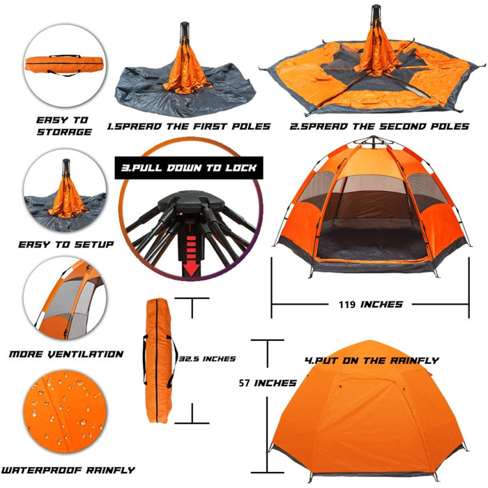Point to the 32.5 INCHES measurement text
pos(206,358)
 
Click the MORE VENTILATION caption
pos(66,354)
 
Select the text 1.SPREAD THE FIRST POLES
pos(188,126)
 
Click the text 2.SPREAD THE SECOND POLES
pos(380,126)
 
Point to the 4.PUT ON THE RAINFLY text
pos(372,360)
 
